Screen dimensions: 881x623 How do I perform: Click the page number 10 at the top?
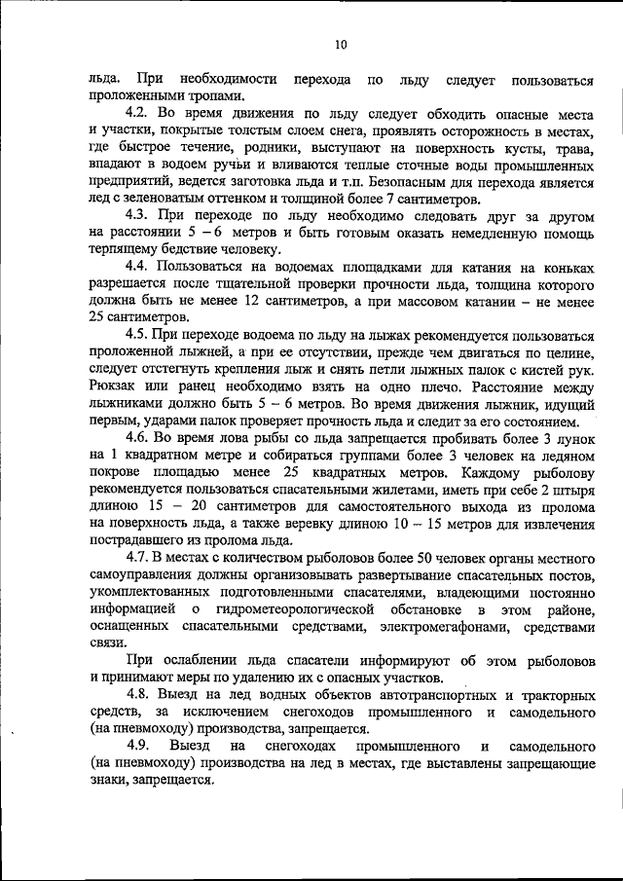(x=340, y=43)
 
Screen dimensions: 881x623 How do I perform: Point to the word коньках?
(x=562, y=267)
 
